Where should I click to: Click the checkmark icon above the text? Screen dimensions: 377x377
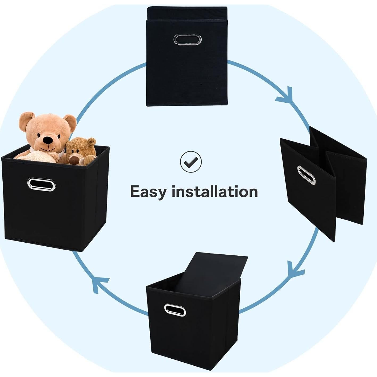click(x=191, y=161)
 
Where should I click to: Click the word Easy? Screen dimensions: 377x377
click(x=148, y=192)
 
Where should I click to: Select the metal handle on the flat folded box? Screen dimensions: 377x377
click(x=188, y=39)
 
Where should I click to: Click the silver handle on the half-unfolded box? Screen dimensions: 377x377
click(x=306, y=175)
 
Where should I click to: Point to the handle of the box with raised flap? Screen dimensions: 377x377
click(x=175, y=310)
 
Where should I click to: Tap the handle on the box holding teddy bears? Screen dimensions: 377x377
click(x=41, y=184)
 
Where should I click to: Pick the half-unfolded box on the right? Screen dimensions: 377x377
click(x=323, y=184)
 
